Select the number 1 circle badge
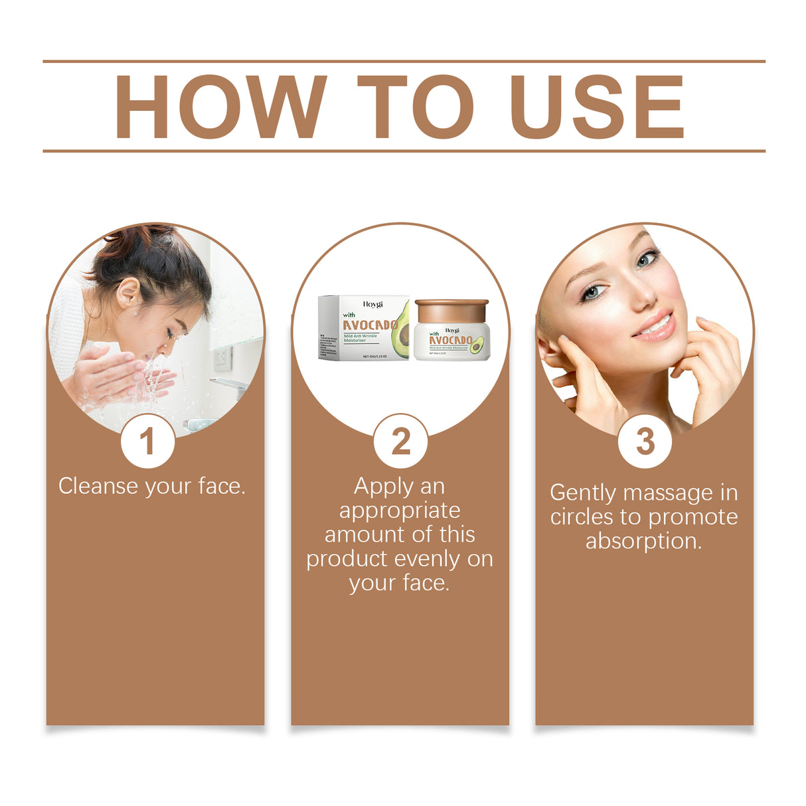click(x=147, y=442)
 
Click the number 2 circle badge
click(x=400, y=442)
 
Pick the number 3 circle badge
click(x=645, y=442)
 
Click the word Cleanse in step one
click(x=100, y=486)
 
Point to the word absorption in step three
click(x=643, y=541)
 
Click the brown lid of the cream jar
click(x=451, y=309)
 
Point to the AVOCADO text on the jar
click(x=450, y=341)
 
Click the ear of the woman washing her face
click(x=127, y=292)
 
